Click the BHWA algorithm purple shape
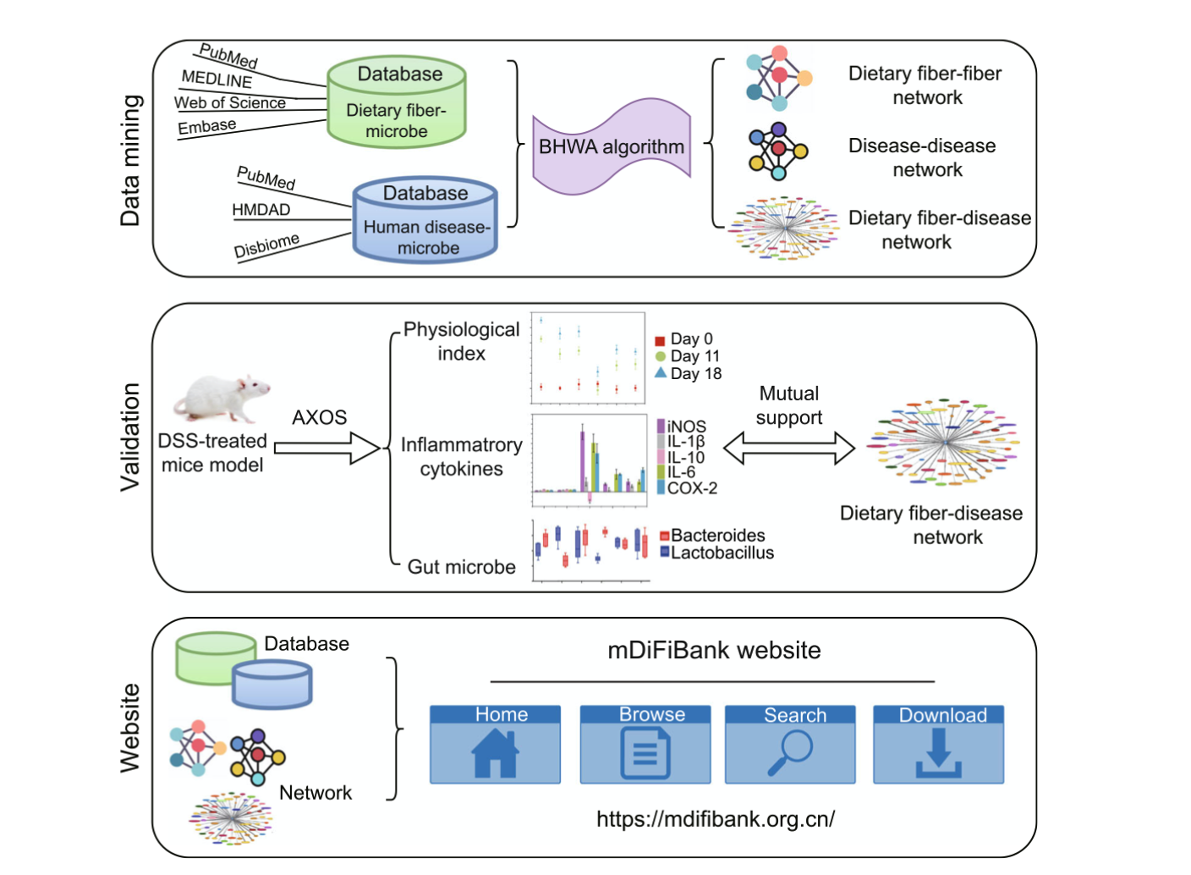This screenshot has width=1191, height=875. (x=611, y=146)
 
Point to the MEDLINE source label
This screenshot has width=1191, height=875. (x=217, y=79)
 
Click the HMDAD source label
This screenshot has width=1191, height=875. (x=261, y=209)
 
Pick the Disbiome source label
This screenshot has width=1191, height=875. (x=266, y=245)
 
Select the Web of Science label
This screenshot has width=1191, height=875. (x=230, y=102)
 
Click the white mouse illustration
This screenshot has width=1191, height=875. (x=222, y=398)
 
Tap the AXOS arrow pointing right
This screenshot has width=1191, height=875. (x=327, y=449)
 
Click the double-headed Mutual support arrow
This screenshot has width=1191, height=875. (x=788, y=449)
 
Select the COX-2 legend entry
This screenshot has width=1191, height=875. (x=686, y=488)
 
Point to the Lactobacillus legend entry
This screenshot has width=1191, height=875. (x=716, y=553)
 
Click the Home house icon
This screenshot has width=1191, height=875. (x=495, y=752)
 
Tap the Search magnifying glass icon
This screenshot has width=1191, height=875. (x=790, y=752)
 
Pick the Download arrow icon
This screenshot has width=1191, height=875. (x=938, y=752)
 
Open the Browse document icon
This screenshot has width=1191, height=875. (x=645, y=752)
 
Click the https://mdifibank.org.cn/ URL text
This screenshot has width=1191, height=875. (x=716, y=819)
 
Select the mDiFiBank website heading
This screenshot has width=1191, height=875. (x=714, y=650)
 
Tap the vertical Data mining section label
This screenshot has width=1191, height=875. (x=130, y=160)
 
